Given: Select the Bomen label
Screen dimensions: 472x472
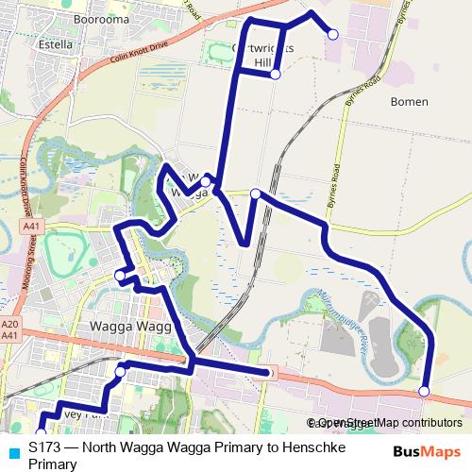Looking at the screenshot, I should click(x=408, y=102).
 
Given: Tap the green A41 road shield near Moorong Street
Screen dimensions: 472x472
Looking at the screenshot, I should click(x=32, y=228).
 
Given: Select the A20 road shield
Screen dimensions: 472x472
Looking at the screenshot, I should click(x=10, y=322).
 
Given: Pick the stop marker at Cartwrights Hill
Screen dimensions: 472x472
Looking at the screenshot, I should click(x=275, y=74).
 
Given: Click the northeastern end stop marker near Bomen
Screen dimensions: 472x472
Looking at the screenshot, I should click(x=332, y=34).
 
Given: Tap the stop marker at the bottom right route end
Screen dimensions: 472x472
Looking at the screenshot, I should click(x=424, y=391).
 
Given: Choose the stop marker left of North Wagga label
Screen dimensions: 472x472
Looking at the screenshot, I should click(x=206, y=177).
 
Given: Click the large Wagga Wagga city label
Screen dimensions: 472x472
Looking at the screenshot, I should click(x=127, y=327).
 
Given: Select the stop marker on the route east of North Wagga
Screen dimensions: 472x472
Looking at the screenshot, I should click(x=256, y=194).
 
